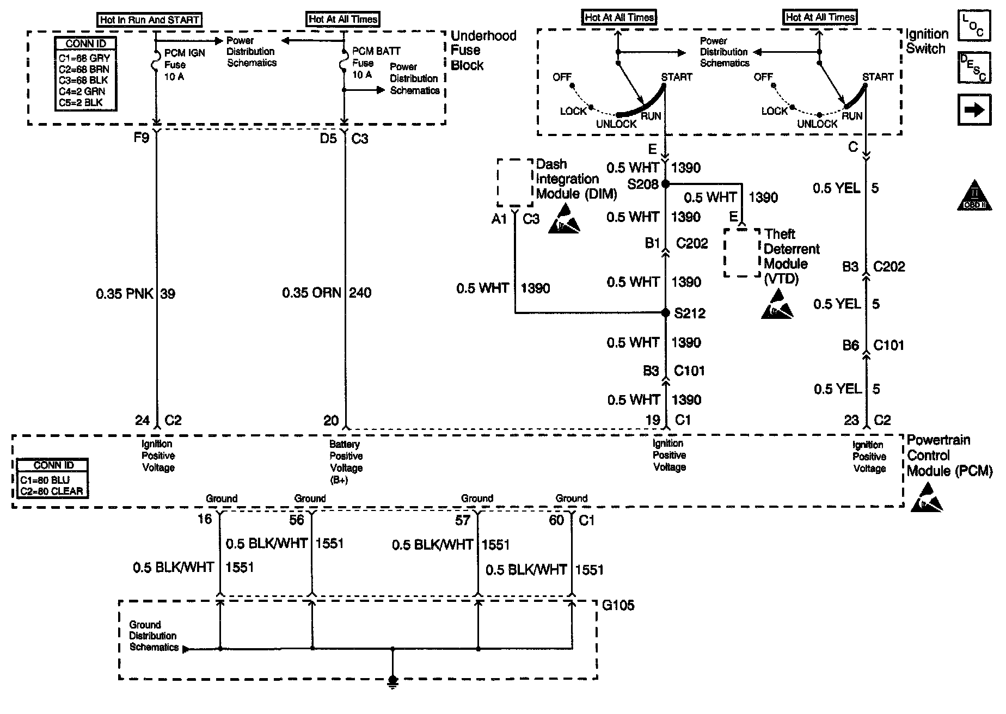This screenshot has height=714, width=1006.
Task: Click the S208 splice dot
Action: tap(665, 184)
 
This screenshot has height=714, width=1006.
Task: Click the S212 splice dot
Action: tap(665, 313)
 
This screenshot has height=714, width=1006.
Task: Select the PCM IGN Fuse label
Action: tap(185, 65)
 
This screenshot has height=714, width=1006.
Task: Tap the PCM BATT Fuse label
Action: tap(376, 63)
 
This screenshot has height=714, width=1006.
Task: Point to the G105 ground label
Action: tap(618, 605)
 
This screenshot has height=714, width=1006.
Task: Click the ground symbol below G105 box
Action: tap(392, 681)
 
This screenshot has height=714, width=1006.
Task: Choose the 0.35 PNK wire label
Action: tap(125, 294)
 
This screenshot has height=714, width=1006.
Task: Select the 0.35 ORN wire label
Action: tap(311, 293)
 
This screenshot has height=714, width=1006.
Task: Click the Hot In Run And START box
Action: tap(150, 20)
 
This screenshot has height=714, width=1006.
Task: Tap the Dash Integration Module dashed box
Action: tap(515, 182)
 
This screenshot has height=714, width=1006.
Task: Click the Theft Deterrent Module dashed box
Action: tap(741, 253)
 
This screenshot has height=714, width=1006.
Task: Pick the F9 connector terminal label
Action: tap(142, 138)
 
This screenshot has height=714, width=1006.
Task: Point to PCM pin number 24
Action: tap(142, 420)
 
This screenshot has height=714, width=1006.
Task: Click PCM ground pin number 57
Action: tap(463, 521)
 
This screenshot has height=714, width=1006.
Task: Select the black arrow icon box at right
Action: tap(974, 110)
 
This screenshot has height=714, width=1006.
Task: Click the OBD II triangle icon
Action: tap(975, 196)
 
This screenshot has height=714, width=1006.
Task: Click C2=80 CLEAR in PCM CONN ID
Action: tap(52, 491)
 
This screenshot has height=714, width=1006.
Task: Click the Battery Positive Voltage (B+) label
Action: tap(346, 462)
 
